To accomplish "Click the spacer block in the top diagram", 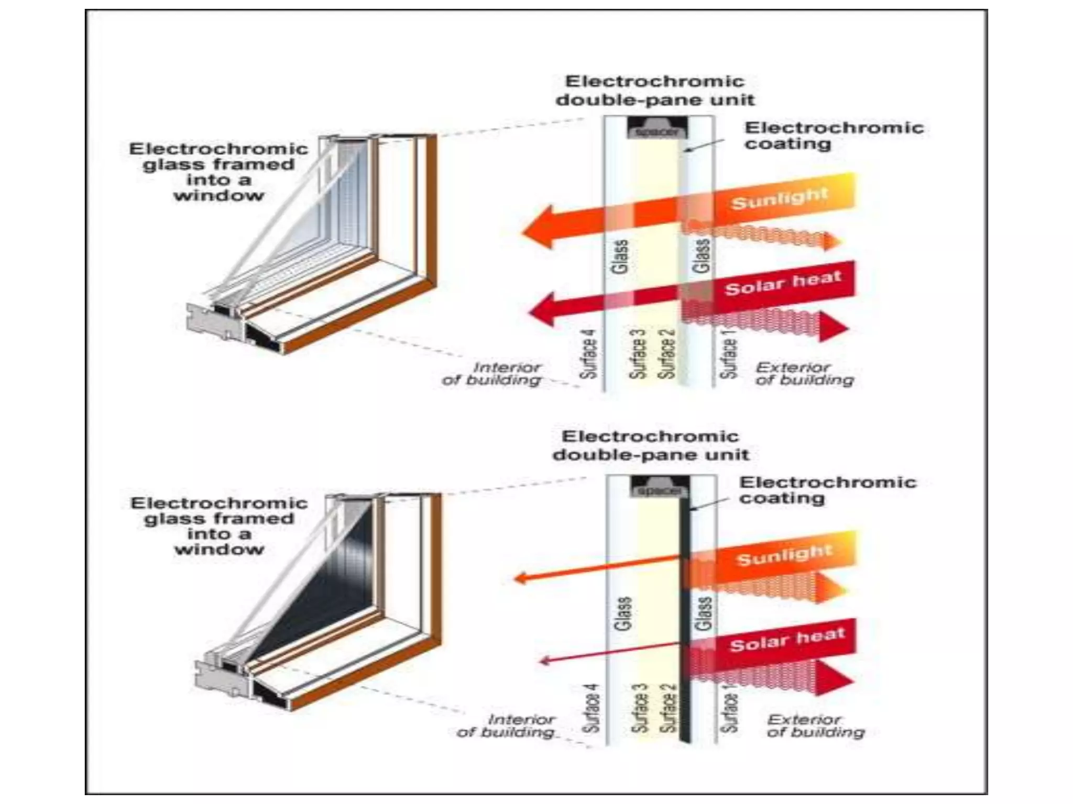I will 657,129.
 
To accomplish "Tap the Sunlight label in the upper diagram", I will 780,198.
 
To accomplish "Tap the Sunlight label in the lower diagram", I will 784,555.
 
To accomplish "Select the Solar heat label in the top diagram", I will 783,283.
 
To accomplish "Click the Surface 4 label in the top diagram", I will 588,354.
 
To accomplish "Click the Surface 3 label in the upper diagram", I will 638,354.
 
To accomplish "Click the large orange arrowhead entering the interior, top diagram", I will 540,228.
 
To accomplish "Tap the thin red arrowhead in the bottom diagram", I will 545,661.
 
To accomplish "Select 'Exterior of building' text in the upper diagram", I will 804,374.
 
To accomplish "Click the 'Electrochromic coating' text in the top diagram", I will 833,136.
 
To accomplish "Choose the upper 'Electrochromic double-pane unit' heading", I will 655,90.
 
